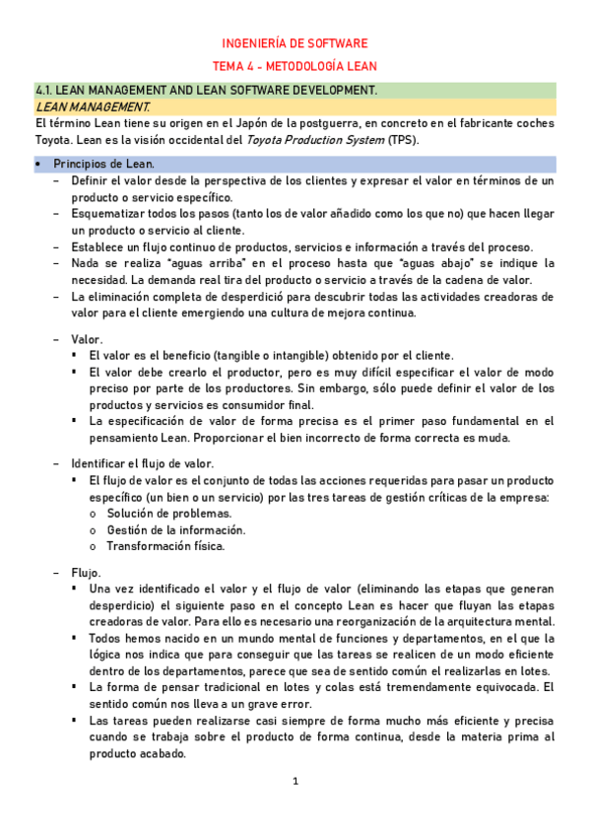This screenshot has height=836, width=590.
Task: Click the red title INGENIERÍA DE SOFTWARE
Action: tap(295, 43)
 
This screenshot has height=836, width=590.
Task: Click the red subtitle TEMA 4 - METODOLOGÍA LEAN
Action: tap(295, 66)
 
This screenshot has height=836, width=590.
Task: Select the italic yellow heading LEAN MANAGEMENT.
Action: tap(93, 105)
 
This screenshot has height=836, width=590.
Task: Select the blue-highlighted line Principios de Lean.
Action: tap(103, 164)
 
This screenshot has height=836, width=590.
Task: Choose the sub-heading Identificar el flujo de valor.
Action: tap(142, 463)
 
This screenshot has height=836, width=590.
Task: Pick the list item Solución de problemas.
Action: tap(156, 514)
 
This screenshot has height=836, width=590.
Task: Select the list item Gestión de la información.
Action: tap(163, 529)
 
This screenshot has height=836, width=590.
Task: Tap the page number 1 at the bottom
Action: tap(295, 782)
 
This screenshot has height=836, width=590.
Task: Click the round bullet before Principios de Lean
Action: tap(38, 164)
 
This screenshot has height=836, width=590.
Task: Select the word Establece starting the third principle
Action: tap(100, 246)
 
